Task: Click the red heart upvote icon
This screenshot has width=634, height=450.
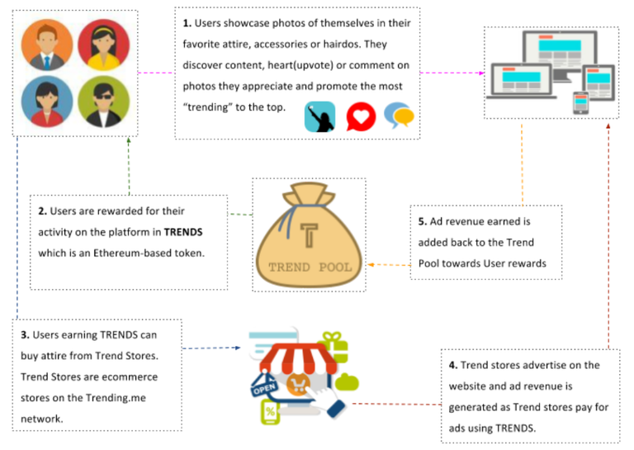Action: (x=361, y=116)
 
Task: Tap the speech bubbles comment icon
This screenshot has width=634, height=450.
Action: (x=400, y=116)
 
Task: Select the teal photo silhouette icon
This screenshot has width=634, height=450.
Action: (x=319, y=116)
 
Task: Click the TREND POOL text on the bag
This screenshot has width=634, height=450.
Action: (x=310, y=267)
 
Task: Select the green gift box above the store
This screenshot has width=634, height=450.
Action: (x=332, y=340)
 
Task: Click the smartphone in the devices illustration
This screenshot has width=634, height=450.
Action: (x=580, y=102)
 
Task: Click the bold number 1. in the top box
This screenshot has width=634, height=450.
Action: (x=187, y=24)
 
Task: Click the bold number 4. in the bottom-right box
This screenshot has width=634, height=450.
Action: (x=453, y=365)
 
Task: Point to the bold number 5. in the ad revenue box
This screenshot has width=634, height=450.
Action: (x=423, y=221)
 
